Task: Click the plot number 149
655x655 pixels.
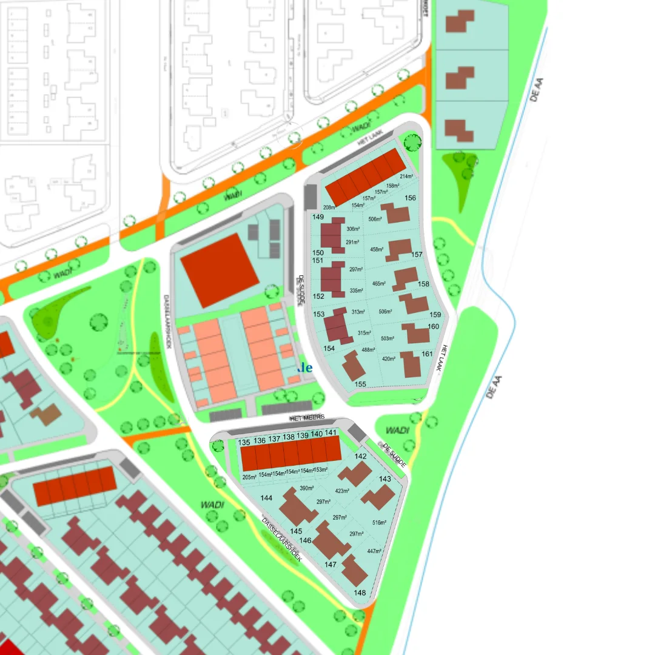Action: click(x=318, y=217)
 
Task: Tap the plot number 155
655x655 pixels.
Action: click(x=361, y=385)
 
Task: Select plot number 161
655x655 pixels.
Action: click(x=428, y=354)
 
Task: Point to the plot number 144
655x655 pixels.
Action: click(x=266, y=498)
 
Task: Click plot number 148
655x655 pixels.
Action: click(x=360, y=593)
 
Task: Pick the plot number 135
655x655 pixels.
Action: click(x=244, y=442)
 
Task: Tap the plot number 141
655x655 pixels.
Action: click(x=331, y=433)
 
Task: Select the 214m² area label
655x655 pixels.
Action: click(x=406, y=176)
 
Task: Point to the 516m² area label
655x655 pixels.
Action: click(x=379, y=523)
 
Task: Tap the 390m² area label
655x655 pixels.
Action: click(x=307, y=488)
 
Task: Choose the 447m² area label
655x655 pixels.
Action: click(x=374, y=551)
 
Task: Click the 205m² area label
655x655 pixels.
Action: click(x=249, y=477)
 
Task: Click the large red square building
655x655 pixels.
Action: click(x=215, y=270)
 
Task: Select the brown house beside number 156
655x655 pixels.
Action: click(x=397, y=213)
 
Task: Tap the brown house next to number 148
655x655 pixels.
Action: click(x=354, y=571)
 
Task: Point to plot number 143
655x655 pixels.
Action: click(x=385, y=479)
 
